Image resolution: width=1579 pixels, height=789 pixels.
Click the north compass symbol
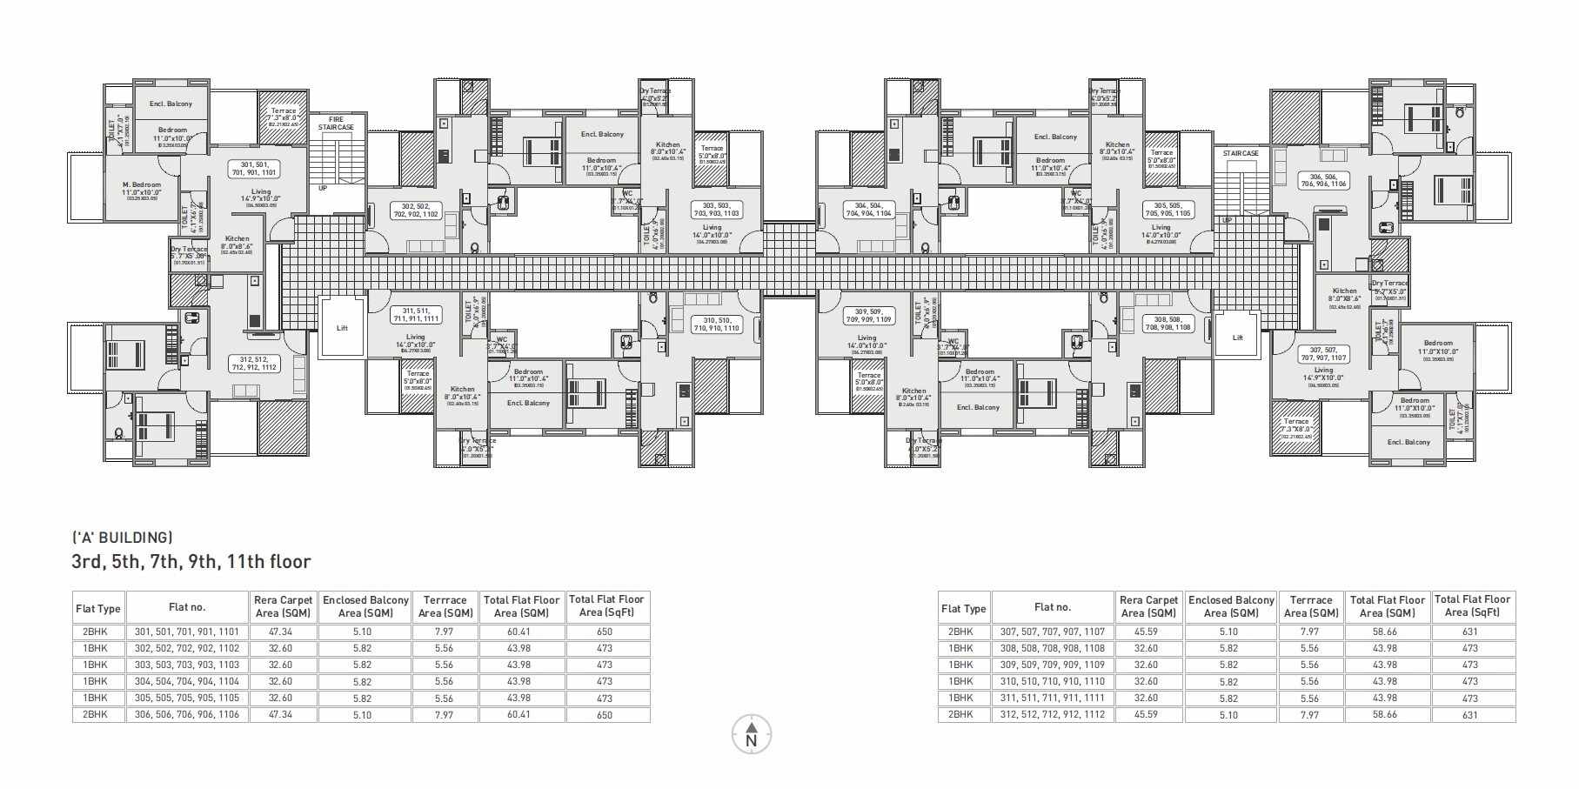pos(752,735)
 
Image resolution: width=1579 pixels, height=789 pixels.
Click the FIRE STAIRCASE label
pos(335,123)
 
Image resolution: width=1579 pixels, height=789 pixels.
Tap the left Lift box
pos(342,328)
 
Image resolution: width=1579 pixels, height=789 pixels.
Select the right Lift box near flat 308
pos(1237,337)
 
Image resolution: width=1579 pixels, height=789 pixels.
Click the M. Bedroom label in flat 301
pos(142,188)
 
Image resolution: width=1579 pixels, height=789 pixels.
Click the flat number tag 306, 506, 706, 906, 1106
pos(1322,180)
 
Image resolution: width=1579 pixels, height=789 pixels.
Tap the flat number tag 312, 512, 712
pos(254,363)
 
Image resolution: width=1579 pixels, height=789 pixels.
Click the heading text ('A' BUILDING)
pos(123,538)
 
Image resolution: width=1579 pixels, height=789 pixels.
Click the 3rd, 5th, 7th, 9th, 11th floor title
pos(191,562)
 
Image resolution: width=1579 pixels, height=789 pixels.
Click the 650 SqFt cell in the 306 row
pos(605,715)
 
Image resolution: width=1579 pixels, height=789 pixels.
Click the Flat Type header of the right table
pos(963,609)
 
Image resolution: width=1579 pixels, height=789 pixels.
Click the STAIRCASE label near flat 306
pos(1241,153)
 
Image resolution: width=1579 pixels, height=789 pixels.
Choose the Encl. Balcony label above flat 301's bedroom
pos(171,104)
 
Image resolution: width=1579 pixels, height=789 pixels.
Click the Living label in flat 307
pos(1323,371)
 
